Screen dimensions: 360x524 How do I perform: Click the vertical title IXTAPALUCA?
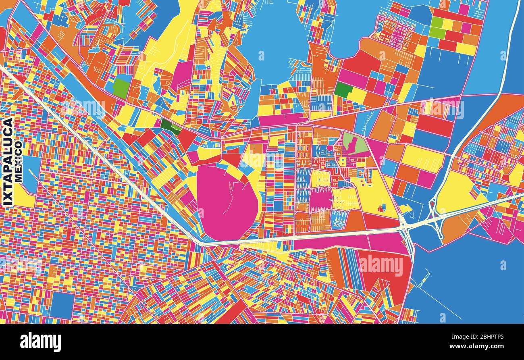click(x=8, y=162)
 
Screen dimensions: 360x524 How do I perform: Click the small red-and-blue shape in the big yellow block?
click(x=382, y=208)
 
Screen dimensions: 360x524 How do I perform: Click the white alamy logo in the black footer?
click(x=40, y=342)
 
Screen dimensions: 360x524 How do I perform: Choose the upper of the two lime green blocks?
click(x=437, y=22)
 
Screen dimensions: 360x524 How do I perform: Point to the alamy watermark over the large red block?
click(x=381, y=266)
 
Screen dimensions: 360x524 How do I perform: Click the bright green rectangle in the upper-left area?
click(x=121, y=87)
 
